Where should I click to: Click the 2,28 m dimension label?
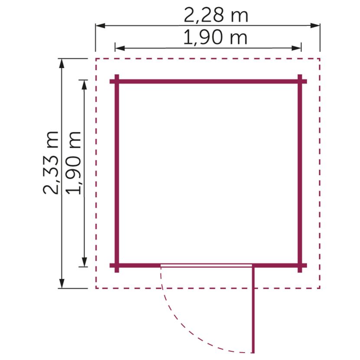point(216,15)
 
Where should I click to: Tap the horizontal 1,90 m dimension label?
point(216,38)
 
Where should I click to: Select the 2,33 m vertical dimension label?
point(51,163)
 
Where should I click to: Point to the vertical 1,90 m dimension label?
point(73,163)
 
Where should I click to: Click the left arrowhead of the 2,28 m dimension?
point(100,26)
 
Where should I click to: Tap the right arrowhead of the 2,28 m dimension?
point(315,26)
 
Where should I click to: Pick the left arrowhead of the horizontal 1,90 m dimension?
point(120,48)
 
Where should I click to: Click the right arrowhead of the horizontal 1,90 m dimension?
point(296,48)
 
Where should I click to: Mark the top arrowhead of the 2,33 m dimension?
point(62,63)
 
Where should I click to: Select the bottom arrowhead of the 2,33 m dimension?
point(62,283)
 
